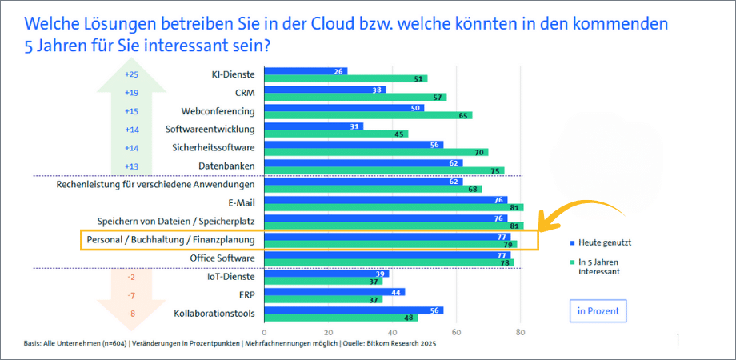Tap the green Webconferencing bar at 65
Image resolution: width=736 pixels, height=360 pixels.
(x=367, y=116)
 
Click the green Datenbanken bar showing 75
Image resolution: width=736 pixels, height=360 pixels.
(x=383, y=170)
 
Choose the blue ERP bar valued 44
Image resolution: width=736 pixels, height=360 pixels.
(x=334, y=292)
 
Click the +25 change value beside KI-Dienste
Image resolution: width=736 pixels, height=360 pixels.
(x=132, y=74)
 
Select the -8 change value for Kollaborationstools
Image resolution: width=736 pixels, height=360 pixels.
(x=132, y=314)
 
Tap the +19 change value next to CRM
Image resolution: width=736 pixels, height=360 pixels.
(x=132, y=93)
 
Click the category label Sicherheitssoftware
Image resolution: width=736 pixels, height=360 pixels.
(x=214, y=147)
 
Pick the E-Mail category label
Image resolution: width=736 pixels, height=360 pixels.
(x=242, y=203)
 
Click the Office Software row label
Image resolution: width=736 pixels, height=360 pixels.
(x=222, y=258)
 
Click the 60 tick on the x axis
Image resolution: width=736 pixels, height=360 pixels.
(x=456, y=333)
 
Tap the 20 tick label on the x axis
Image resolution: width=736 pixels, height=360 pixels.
(x=328, y=333)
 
